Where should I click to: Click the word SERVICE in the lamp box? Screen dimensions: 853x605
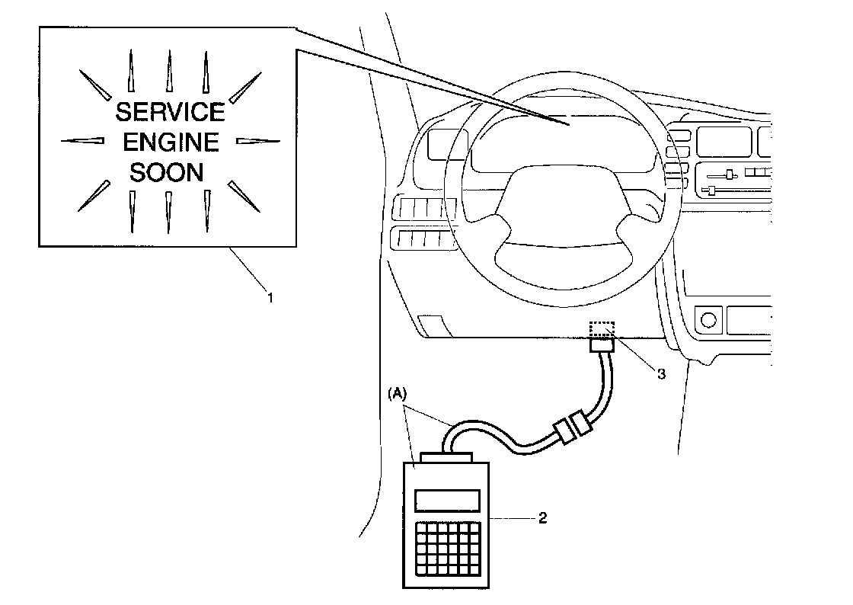pos(171,111)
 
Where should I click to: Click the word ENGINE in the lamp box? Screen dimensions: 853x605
pos(171,142)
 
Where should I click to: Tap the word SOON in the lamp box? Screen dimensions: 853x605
pos(167,172)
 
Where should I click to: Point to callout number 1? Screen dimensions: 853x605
pos(270,298)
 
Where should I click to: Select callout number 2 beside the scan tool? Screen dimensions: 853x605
pos(542,518)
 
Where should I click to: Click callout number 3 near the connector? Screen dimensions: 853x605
pos(661,374)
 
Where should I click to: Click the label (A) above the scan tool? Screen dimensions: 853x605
pos(397,393)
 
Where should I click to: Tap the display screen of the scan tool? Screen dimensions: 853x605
pos(447,501)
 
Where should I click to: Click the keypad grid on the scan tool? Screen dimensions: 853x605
pos(449,549)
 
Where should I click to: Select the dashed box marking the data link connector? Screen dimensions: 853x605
pos(602,330)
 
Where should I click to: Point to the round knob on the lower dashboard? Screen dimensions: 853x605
pos(708,319)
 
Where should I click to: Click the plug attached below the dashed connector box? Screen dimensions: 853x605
pos(602,344)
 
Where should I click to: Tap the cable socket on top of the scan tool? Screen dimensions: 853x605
pos(446,457)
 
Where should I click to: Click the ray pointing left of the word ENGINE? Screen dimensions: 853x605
pos(82,141)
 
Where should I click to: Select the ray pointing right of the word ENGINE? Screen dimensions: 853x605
pos(258,142)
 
